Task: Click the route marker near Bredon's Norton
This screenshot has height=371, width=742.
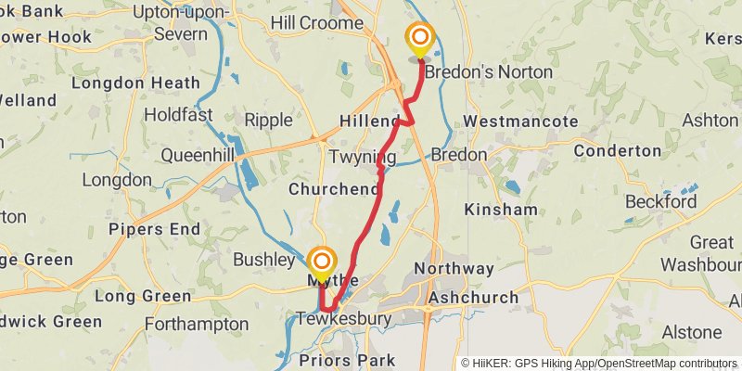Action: point(420,39)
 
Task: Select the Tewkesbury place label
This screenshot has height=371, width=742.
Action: point(344,319)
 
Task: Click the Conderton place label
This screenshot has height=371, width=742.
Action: point(617,150)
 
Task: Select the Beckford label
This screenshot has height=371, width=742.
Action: point(660,201)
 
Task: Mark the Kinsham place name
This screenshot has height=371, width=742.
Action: point(500,210)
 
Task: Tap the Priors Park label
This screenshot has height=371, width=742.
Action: point(347,360)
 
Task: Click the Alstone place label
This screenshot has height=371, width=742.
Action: point(691,332)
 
